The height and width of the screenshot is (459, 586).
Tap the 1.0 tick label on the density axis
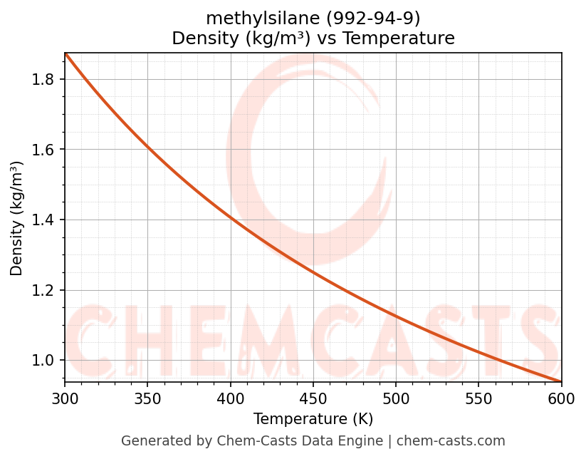pos(43,361)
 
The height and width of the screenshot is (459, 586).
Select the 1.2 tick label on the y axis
pos(43,290)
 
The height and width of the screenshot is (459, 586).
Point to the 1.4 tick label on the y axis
pos(43,220)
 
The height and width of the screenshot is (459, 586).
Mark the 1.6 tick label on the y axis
pos(43,150)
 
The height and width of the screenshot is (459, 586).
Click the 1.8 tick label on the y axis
pos(43,79)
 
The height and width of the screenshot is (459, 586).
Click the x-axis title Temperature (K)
pos(313,419)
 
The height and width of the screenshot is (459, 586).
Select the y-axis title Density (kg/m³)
pos(16,218)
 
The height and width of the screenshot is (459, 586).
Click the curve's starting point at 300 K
pos(66,54)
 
